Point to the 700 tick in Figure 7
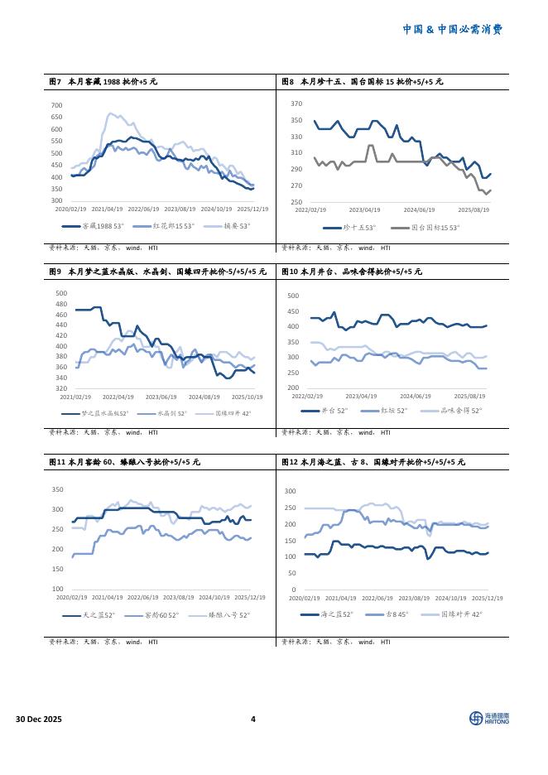(x=57, y=105)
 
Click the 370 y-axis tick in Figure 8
(x=296, y=103)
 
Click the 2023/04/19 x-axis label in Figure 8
(x=365, y=210)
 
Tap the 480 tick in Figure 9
(x=60, y=304)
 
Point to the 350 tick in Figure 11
(x=58, y=489)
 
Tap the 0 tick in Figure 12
(x=294, y=590)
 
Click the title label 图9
(x=55, y=271)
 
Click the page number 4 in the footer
(x=253, y=719)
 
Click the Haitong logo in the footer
(x=489, y=718)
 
